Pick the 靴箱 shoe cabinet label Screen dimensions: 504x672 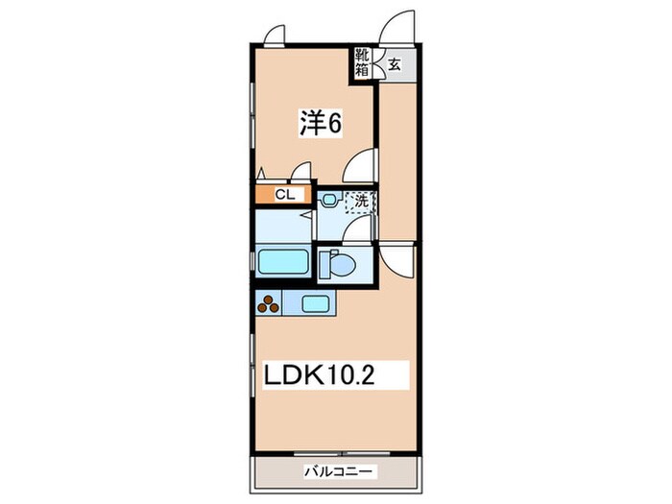coord(362,62)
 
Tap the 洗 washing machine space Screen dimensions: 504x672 coord(361,202)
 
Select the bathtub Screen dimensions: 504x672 coord(281,262)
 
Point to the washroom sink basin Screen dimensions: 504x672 coord(328,201)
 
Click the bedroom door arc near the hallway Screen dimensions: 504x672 coord(360,166)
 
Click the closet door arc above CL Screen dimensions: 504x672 coord(302,174)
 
